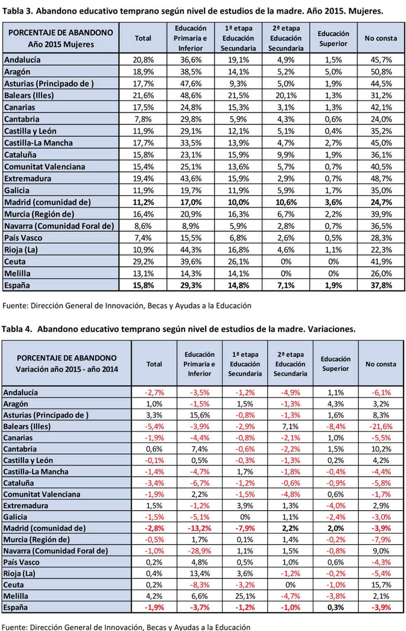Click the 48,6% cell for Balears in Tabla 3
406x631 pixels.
pyautogui.click(x=191, y=96)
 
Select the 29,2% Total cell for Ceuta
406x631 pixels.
pyautogui.click(x=143, y=262)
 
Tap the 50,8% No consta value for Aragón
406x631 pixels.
pyautogui.click(x=381, y=72)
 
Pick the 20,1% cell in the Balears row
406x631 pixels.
pyautogui.click(x=286, y=96)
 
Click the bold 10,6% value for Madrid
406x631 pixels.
pyautogui.click(x=286, y=202)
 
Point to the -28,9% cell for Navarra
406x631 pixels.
pyautogui.click(x=200, y=551)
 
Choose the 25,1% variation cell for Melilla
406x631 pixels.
pyautogui.click(x=245, y=596)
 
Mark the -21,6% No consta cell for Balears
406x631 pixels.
pyautogui.click(x=381, y=427)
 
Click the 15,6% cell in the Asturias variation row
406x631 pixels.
pyautogui.click(x=200, y=415)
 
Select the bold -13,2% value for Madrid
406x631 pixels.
pyautogui.click(x=200, y=528)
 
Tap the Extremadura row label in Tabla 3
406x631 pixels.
pyautogui.click(x=28, y=179)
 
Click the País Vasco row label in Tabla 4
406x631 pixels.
pyautogui.click(x=22, y=562)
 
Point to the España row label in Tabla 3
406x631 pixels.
pyautogui.click(x=17, y=286)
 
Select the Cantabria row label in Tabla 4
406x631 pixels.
pyautogui.click(x=20, y=449)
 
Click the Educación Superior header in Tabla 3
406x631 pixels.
pyautogui.click(x=333, y=38)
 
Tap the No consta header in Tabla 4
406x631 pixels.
pyautogui.click(x=381, y=364)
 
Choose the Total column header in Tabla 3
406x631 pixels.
pyautogui.click(x=143, y=38)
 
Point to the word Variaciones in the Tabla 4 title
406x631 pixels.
pyautogui.click(x=331, y=329)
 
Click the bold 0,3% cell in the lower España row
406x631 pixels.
pyautogui.click(x=336, y=607)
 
